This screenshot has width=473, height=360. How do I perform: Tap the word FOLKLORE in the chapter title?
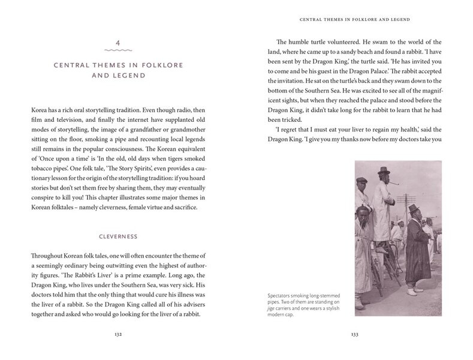[x=183, y=65]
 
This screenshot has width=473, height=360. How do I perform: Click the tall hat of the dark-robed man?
[x=414, y=208]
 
